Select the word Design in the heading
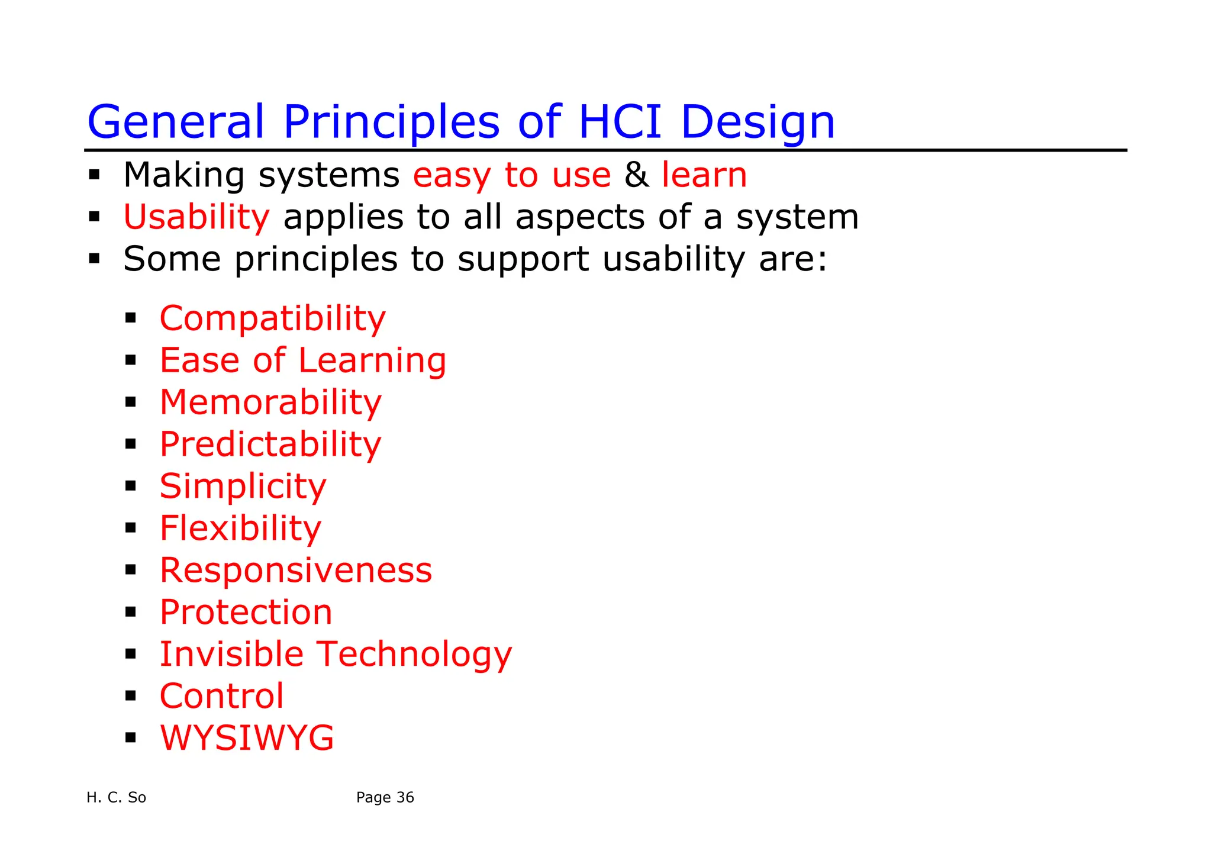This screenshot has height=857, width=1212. click(x=757, y=122)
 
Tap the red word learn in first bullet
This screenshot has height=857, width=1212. click(x=704, y=175)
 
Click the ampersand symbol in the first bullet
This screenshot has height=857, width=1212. click(x=636, y=175)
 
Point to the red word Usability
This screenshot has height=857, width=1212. click(x=196, y=217)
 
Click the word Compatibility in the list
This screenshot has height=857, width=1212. click(x=272, y=318)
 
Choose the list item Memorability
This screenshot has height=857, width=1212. click(x=270, y=402)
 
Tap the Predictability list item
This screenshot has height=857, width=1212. click(x=270, y=444)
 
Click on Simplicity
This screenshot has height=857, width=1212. click(x=243, y=487)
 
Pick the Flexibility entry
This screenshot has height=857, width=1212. click(x=240, y=528)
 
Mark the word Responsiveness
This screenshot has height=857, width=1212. click(x=296, y=570)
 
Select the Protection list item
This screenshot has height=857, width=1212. click(x=246, y=612)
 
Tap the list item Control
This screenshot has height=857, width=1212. click(x=221, y=696)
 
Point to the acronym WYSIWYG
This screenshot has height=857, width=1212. click(x=247, y=738)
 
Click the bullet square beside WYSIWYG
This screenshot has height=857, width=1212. click(x=131, y=738)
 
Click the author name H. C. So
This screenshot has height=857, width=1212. click(x=116, y=798)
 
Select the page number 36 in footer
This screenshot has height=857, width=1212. click(x=405, y=798)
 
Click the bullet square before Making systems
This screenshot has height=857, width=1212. click(x=94, y=175)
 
